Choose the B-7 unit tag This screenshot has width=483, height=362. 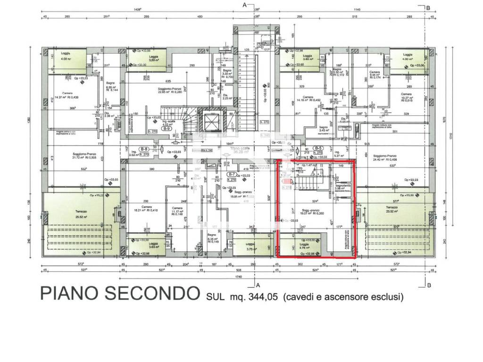pyautogui.click(x=231, y=174)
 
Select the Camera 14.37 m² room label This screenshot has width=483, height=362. pyautogui.click(x=67, y=95)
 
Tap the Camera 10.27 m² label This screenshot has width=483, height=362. pyautogui.click(x=406, y=98)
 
